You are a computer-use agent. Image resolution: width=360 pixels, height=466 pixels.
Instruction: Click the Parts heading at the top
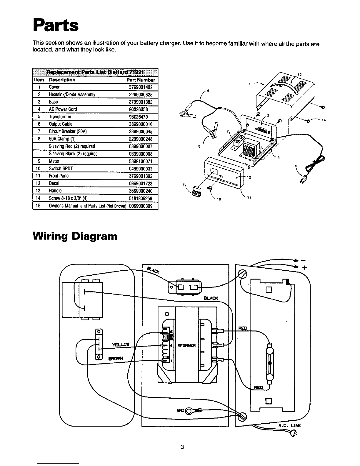pyautogui.click(x=56, y=25)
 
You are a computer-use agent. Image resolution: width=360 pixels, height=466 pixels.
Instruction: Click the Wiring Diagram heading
pyautogui.click(x=75, y=236)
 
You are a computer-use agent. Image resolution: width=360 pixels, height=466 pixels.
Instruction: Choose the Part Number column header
pyautogui.click(x=140, y=80)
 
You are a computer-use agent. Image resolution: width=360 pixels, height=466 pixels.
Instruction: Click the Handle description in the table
pyautogui.click(x=55, y=191)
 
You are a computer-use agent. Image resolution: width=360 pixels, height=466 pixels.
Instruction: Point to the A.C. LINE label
pyautogui.click(x=289, y=425)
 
